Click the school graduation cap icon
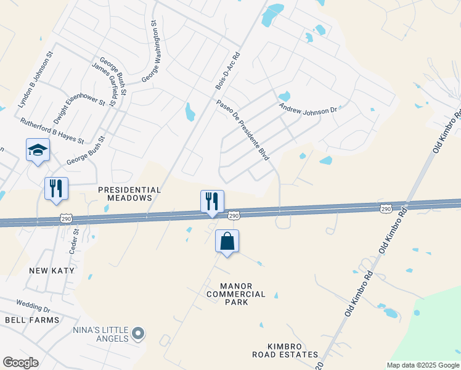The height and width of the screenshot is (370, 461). point(38,150)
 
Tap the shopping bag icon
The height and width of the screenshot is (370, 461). point(227,241)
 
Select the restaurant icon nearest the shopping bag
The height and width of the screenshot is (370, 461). point(211,201)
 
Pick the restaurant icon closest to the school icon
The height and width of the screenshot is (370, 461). point(56,189)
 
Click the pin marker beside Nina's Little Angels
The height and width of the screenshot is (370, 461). point(138,334)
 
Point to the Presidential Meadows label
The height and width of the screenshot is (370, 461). point(129,194)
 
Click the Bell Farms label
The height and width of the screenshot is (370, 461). point(32,320)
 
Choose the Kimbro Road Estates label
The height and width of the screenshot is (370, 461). point(285,350)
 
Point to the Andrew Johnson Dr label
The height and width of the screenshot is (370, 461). point(308,108)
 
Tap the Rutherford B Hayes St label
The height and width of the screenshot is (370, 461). point(52,131)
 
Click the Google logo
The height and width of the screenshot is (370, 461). point(20,363)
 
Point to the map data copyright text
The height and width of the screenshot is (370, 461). point(423,365)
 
